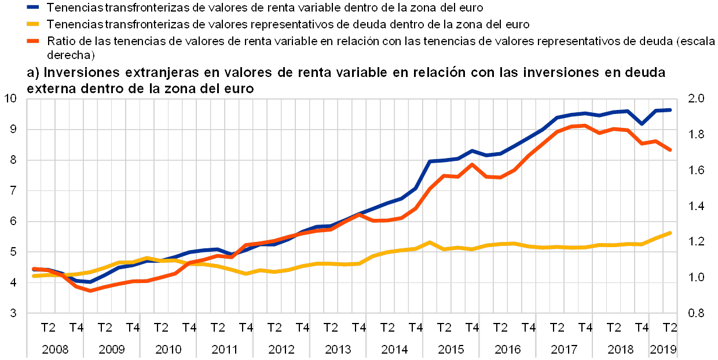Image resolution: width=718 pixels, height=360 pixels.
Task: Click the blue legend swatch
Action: (x=34, y=8)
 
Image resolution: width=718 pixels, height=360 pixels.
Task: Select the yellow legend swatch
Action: (x=34, y=24)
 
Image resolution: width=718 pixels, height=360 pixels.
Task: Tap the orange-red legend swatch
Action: (x=34, y=41)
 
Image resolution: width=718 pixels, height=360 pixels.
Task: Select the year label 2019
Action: (x=664, y=350)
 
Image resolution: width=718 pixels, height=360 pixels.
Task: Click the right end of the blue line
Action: (x=670, y=110)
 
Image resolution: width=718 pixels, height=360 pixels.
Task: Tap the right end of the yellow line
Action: (x=670, y=233)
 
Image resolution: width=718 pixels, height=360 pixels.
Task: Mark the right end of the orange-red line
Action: (x=670, y=150)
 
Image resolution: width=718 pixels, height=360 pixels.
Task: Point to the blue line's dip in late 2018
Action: (x=642, y=123)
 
